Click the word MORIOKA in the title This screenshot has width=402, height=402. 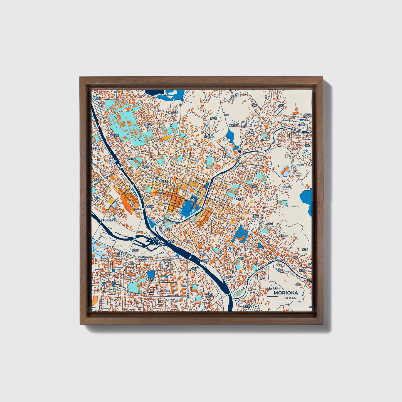(286, 293)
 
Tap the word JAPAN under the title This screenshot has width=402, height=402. (290, 298)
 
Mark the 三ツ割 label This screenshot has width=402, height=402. (213, 118)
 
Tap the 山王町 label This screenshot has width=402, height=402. (256, 216)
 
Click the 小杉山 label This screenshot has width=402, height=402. (270, 224)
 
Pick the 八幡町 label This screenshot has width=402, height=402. (233, 231)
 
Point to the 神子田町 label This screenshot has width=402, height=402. (229, 277)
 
